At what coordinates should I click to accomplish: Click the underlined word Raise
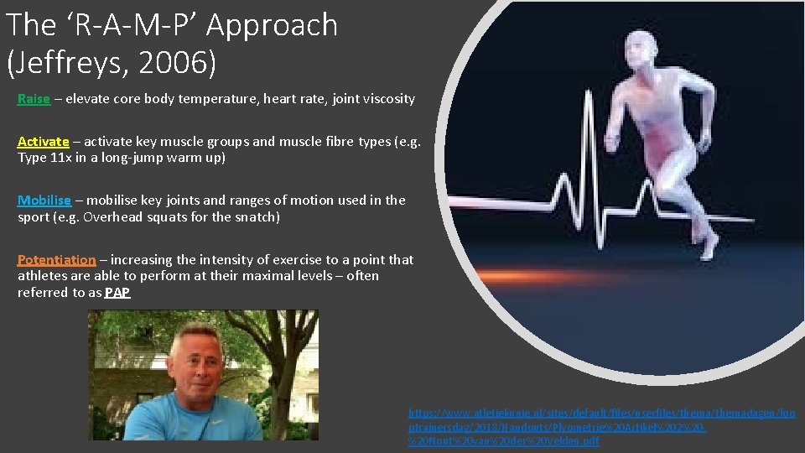(34, 99)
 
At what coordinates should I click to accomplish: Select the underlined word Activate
(44, 141)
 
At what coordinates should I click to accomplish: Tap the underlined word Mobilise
(44, 200)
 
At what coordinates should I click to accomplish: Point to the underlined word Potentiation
(57, 260)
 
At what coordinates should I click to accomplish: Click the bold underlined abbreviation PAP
(117, 293)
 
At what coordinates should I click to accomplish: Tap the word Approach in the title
(272, 25)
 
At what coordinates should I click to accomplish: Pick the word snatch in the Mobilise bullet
(257, 216)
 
